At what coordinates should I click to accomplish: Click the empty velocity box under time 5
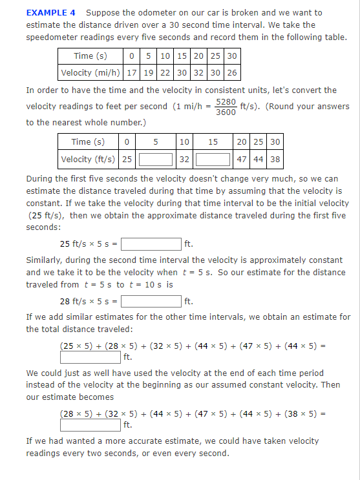tap(156, 159)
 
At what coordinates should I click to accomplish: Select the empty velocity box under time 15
tap(213, 159)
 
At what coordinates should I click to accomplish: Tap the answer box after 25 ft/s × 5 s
tap(151, 244)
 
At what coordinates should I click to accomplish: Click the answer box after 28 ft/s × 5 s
tap(151, 300)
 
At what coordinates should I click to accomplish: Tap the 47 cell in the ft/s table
tap(241, 159)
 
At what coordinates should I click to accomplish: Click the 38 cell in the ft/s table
tap(275, 159)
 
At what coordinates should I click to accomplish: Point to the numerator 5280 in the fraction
tap(225, 102)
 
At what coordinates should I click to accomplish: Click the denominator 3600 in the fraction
tap(225, 112)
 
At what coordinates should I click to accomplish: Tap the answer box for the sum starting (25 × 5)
tap(90, 357)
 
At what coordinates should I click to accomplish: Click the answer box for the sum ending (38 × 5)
tap(90, 425)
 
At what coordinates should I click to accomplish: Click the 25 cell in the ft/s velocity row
tap(127, 159)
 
